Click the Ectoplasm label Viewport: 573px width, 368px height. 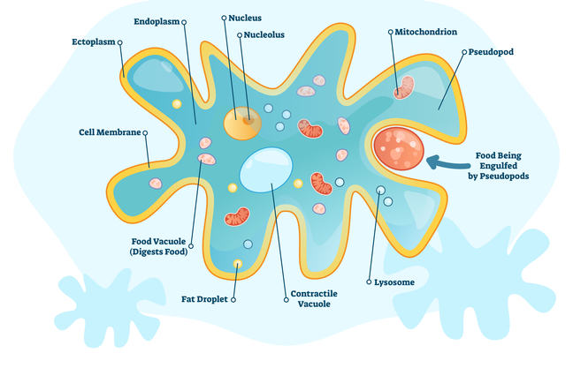[x=95, y=41]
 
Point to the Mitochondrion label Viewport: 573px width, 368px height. [x=426, y=32]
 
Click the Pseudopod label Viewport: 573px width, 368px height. [x=493, y=52]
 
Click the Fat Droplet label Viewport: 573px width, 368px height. [x=205, y=299]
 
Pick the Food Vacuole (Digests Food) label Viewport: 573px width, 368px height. [x=154, y=245]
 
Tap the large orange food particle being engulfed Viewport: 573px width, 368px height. [x=398, y=149]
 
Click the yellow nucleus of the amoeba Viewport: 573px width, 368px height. [x=241, y=124]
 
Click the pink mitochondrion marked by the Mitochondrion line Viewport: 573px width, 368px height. [x=404, y=86]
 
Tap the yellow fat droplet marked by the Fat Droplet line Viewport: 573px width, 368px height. [x=237, y=264]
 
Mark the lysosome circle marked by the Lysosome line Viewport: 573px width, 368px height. [x=381, y=190]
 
